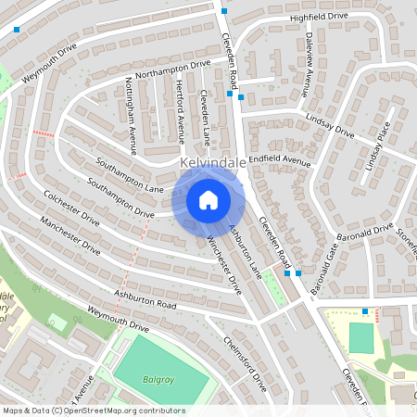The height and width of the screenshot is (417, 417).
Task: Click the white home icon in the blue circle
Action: point(208,199)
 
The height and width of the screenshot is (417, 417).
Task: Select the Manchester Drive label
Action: point(69,235)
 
